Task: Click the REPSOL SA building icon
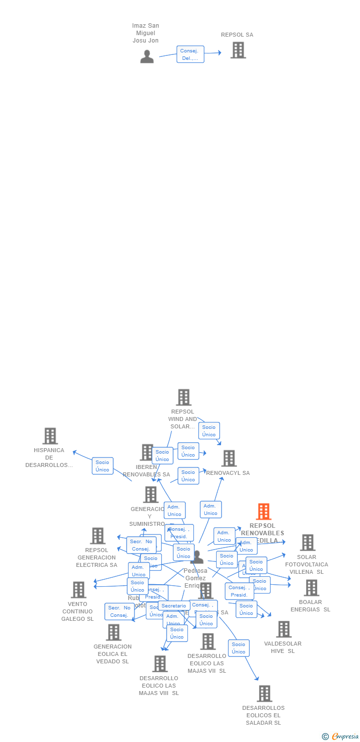coord(238,50)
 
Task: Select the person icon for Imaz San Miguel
coord(147,57)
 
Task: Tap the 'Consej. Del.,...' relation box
coord(190,54)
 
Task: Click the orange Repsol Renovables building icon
coord(263,511)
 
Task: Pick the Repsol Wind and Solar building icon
coord(183,397)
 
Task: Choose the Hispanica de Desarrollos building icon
coord(50,436)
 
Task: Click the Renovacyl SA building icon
coord(228,458)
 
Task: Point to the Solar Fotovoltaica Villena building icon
coord(307,543)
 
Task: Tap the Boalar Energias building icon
coord(311,588)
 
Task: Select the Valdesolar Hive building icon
coord(283,629)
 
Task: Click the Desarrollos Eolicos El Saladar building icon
coord(264,694)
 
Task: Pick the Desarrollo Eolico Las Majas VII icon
coord(208,642)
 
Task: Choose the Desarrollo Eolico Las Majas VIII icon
coord(160,664)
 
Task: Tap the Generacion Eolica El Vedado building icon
coord(113,632)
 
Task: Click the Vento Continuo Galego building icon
coord(78,590)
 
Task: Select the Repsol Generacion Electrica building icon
coord(97,536)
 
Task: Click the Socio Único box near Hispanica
coord(102,466)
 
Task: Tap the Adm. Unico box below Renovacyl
coord(211,510)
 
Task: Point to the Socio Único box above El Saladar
coord(238,648)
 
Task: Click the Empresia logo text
coord(345,737)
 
